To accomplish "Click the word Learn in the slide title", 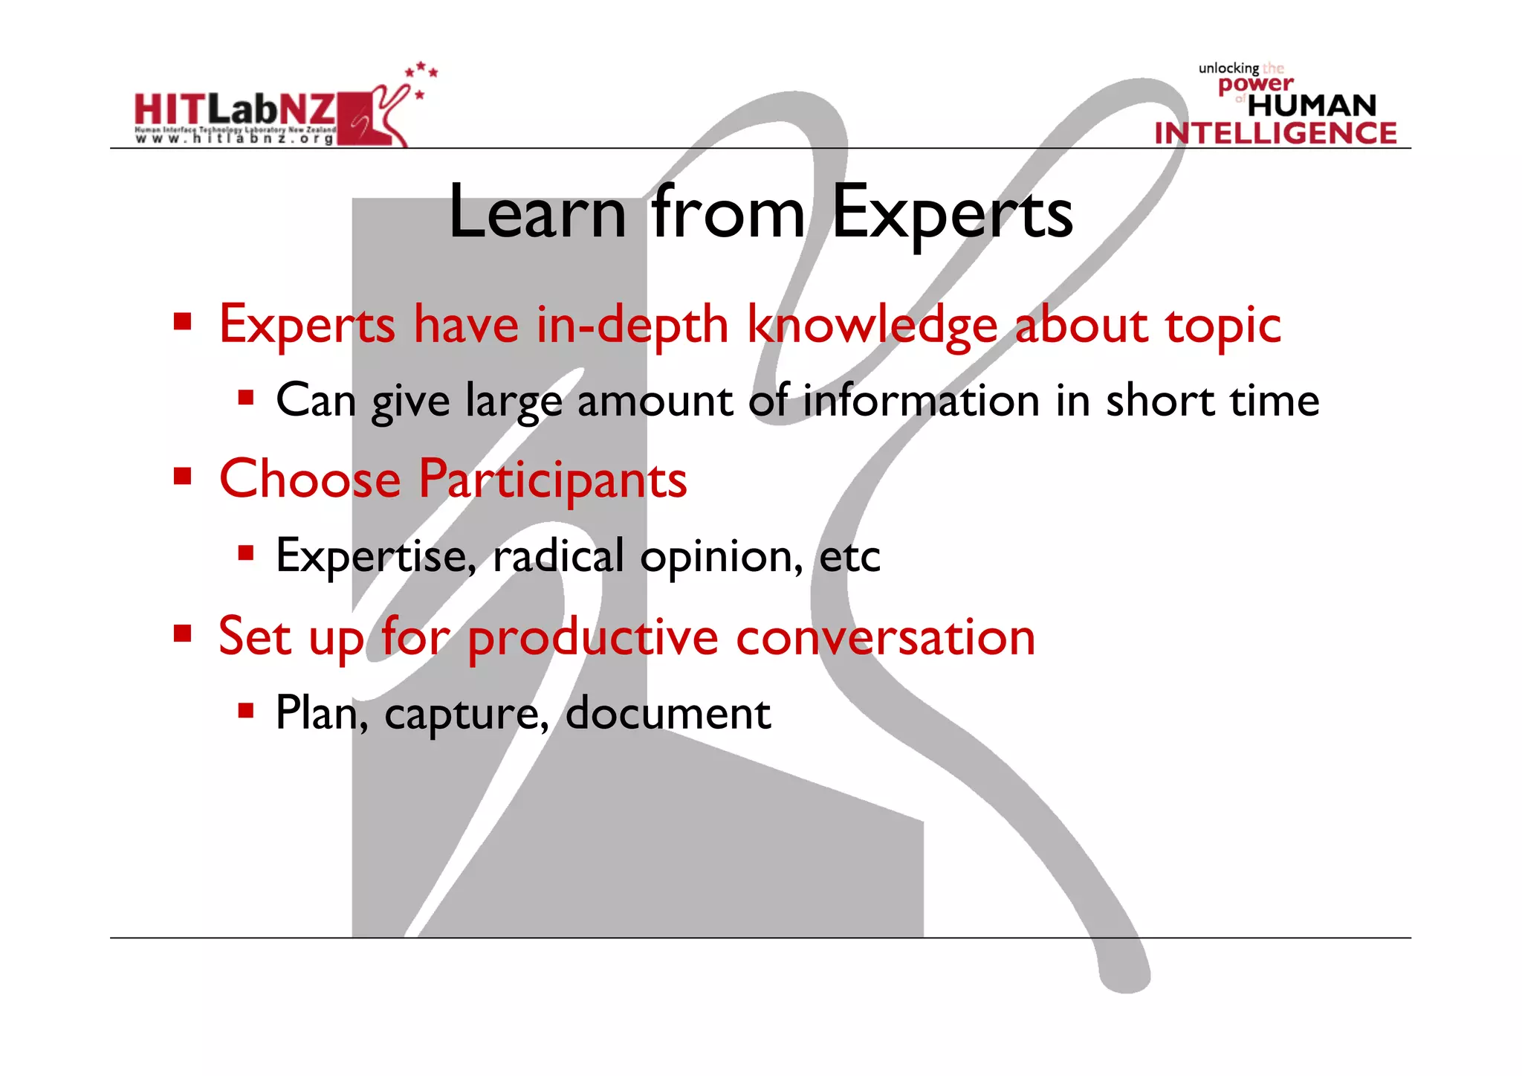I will coord(537,213).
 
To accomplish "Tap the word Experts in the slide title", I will coord(952,213).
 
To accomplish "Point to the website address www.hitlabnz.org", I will coord(235,139).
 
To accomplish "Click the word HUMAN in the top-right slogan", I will coord(1312,106).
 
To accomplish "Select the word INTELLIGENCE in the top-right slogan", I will coord(1275,133).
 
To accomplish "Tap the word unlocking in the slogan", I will coord(1228,68).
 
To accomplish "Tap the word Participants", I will coord(552,480).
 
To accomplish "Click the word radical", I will coord(558,555).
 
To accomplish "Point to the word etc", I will coord(849,556).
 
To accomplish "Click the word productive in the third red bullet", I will coord(592,638).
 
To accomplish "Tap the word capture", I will coord(462,714).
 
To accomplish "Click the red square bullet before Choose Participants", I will coord(182,476).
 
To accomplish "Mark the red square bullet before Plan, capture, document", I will coord(246,711).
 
